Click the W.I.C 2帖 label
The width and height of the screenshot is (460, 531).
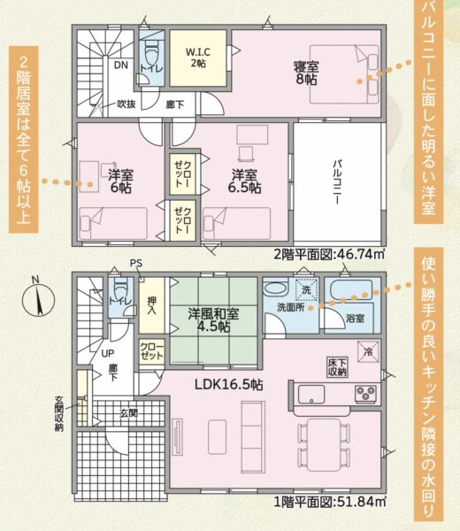(x=198, y=58)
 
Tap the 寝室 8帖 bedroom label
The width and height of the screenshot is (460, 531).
(x=306, y=73)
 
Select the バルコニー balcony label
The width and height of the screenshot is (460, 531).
(x=337, y=181)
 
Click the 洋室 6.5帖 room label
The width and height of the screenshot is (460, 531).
(x=244, y=181)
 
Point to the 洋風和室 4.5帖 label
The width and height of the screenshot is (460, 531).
(x=213, y=319)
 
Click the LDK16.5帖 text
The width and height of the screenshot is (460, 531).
(x=228, y=385)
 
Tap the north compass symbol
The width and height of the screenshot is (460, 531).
(x=38, y=297)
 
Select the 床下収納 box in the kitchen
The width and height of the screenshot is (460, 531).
(x=337, y=366)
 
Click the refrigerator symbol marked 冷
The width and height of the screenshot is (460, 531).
(x=368, y=351)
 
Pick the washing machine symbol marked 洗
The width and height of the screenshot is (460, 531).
(x=306, y=289)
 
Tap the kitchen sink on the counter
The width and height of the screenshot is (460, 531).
(x=311, y=395)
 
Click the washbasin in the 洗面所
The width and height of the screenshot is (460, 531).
(x=275, y=289)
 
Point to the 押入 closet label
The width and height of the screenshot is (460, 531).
(x=151, y=305)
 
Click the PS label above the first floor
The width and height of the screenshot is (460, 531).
(x=136, y=264)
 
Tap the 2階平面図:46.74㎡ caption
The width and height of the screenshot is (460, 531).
(x=329, y=254)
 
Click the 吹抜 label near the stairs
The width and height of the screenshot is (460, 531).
(x=126, y=104)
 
